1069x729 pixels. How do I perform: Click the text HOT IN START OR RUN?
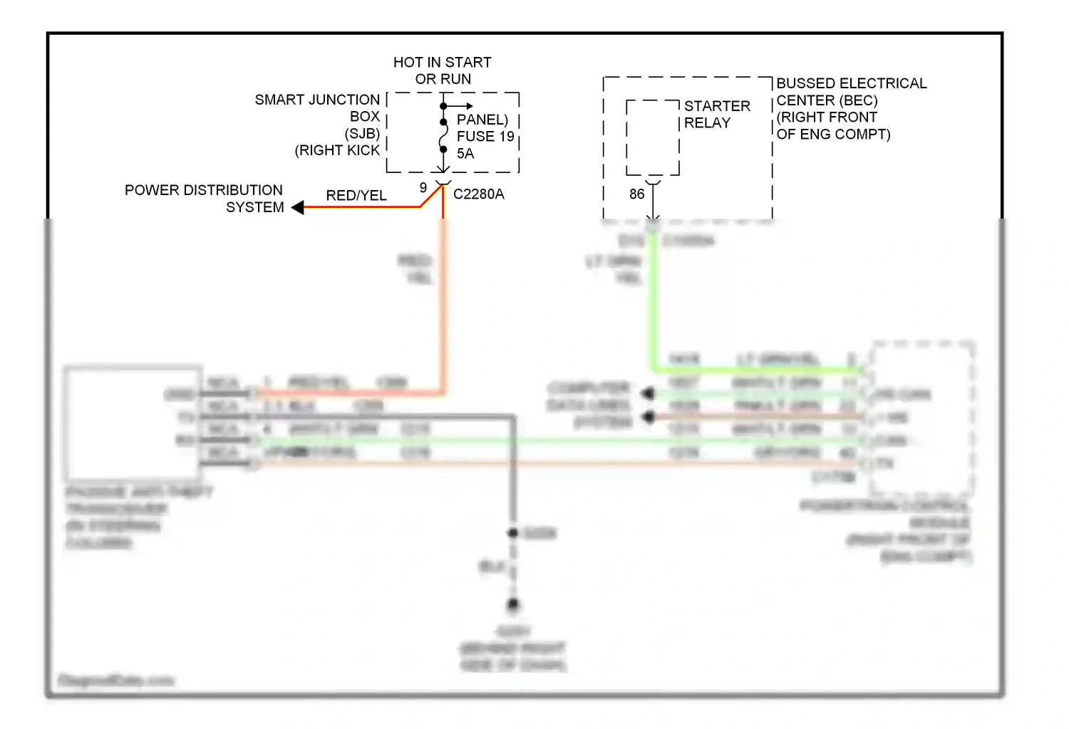pos(442,70)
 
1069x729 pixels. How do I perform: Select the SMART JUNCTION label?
pos(317,100)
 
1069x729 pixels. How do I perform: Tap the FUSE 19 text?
pos(485,136)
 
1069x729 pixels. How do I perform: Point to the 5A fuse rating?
pos(465,153)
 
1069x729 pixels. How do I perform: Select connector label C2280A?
pos(478,194)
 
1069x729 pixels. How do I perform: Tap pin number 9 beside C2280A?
pos(423,187)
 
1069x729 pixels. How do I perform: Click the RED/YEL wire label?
pos(356,195)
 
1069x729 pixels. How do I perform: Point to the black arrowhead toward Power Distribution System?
pos(298,207)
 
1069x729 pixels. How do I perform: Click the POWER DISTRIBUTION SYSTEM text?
pos(204,199)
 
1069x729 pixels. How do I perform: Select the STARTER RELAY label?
pos(716,114)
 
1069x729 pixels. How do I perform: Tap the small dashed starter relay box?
pos(653,137)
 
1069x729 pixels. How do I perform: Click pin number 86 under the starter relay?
pos(636,194)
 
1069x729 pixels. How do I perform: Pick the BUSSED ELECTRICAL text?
pos(851,83)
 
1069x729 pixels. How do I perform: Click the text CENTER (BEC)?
pos(827,100)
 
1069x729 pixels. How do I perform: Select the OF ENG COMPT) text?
pos(833,134)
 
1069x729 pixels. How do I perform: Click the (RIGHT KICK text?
pos(337,150)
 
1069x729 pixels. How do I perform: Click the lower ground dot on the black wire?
pos(513,604)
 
